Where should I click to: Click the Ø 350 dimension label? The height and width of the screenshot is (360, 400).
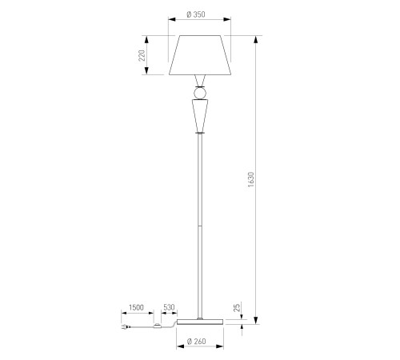click(x=196, y=14)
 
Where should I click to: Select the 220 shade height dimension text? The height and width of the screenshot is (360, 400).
click(x=142, y=55)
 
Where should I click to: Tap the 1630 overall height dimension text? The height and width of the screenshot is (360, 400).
click(x=251, y=179)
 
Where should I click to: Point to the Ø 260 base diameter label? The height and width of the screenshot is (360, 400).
click(x=197, y=342)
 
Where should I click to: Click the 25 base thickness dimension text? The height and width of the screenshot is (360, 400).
click(x=237, y=307)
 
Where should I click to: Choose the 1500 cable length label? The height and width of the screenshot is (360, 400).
click(x=136, y=307)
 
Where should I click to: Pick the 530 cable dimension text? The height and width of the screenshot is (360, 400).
click(x=169, y=307)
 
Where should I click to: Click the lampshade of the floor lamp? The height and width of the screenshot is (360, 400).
click(x=200, y=55)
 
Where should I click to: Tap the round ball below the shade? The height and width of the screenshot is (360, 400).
click(x=200, y=94)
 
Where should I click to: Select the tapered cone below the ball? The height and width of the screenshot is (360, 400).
click(x=200, y=115)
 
